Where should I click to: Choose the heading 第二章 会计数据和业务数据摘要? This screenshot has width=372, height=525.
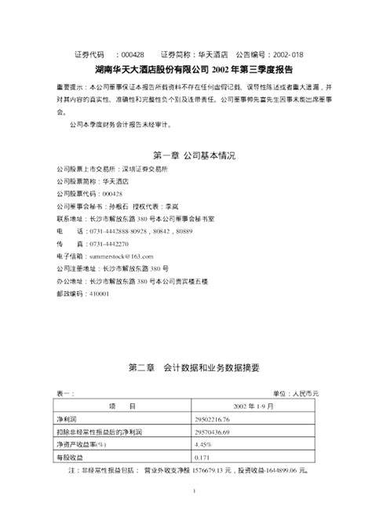point(185,367)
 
